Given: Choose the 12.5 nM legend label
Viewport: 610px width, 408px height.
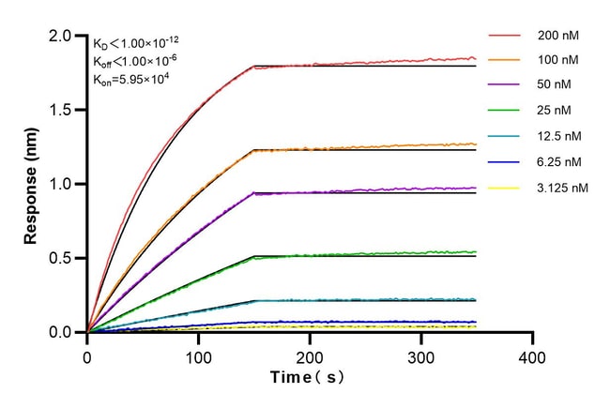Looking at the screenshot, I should pyautogui.click(x=558, y=137).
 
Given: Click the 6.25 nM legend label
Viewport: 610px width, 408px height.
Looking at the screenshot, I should pyautogui.click(x=558, y=162).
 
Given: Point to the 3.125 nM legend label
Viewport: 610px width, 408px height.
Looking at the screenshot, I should pyautogui.click(x=561, y=188).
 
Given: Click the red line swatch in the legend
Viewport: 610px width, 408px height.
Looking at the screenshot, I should pyautogui.click(x=503, y=36).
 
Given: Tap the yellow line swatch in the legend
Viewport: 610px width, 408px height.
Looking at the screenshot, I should pyautogui.click(x=503, y=188).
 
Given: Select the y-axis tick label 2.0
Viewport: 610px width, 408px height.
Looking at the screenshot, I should pyautogui.click(x=61, y=37).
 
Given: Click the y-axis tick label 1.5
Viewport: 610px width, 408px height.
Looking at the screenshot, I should pyautogui.click(x=61, y=111).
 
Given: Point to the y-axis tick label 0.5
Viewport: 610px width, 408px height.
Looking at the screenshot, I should pyautogui.click(x=61, y=258).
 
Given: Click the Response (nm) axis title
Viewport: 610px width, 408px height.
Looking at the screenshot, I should pyautogui.click(x=32, y=185).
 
